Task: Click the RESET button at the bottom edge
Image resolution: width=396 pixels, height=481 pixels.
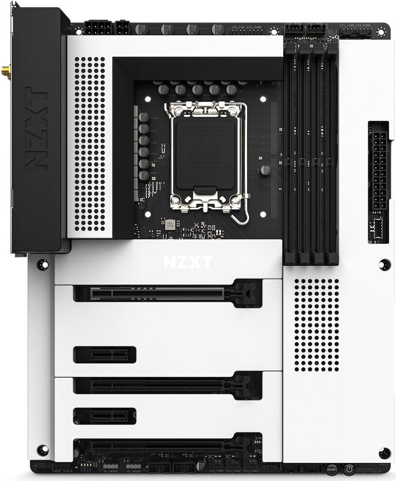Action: click(x=332, y=469)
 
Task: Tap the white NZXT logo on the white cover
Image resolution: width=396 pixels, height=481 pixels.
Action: click(x=188, y=262)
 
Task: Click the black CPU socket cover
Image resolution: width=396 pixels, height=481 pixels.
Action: click(x=203, y=153)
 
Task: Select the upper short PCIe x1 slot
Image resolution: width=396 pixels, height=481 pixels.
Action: click(x=104, y=354)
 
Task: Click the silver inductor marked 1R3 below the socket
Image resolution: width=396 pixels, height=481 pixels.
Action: click(x=170, y=224)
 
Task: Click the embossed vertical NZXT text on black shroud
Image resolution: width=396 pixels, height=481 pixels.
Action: click(x=35, y=129)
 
